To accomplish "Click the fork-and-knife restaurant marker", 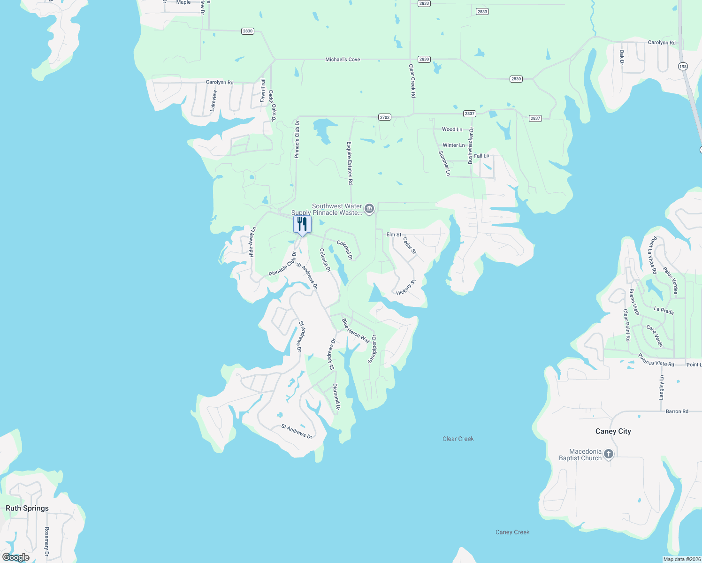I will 302,224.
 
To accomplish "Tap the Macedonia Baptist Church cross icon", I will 609,454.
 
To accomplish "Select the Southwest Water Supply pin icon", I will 369,208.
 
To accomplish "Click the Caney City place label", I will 613,431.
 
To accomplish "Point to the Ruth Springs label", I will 27,508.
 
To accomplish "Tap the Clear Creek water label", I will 458,439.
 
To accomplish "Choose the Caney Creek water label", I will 512,532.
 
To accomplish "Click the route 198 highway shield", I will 683,67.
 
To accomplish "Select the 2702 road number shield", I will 385,117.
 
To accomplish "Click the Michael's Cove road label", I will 343,60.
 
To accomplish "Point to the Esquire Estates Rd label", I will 350,163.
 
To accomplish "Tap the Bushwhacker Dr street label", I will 471,145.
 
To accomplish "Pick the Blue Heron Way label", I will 355,331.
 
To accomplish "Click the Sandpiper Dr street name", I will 372,349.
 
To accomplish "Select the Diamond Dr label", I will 336,397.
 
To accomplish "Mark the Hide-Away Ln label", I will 252,242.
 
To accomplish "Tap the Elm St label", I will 394,234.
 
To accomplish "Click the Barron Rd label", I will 677,411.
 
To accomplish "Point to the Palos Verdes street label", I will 671,281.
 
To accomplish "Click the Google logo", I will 16,557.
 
